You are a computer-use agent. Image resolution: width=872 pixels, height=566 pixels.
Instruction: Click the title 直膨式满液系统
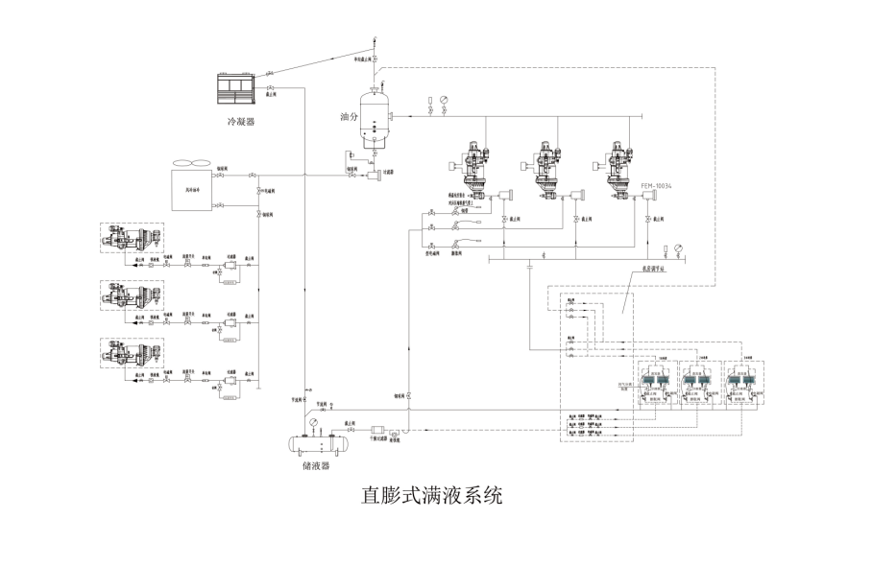coord(431,496)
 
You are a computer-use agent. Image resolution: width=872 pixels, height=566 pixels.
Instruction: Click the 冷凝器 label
coord(241,122)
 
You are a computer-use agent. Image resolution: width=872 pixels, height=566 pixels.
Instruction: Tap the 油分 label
coord(349,117)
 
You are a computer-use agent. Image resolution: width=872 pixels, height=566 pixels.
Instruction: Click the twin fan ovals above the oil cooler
coord(186,164)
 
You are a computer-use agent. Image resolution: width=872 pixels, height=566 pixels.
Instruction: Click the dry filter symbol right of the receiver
coord(376,432)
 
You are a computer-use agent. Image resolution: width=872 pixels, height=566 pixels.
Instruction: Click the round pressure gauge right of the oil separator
coord(443,100)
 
